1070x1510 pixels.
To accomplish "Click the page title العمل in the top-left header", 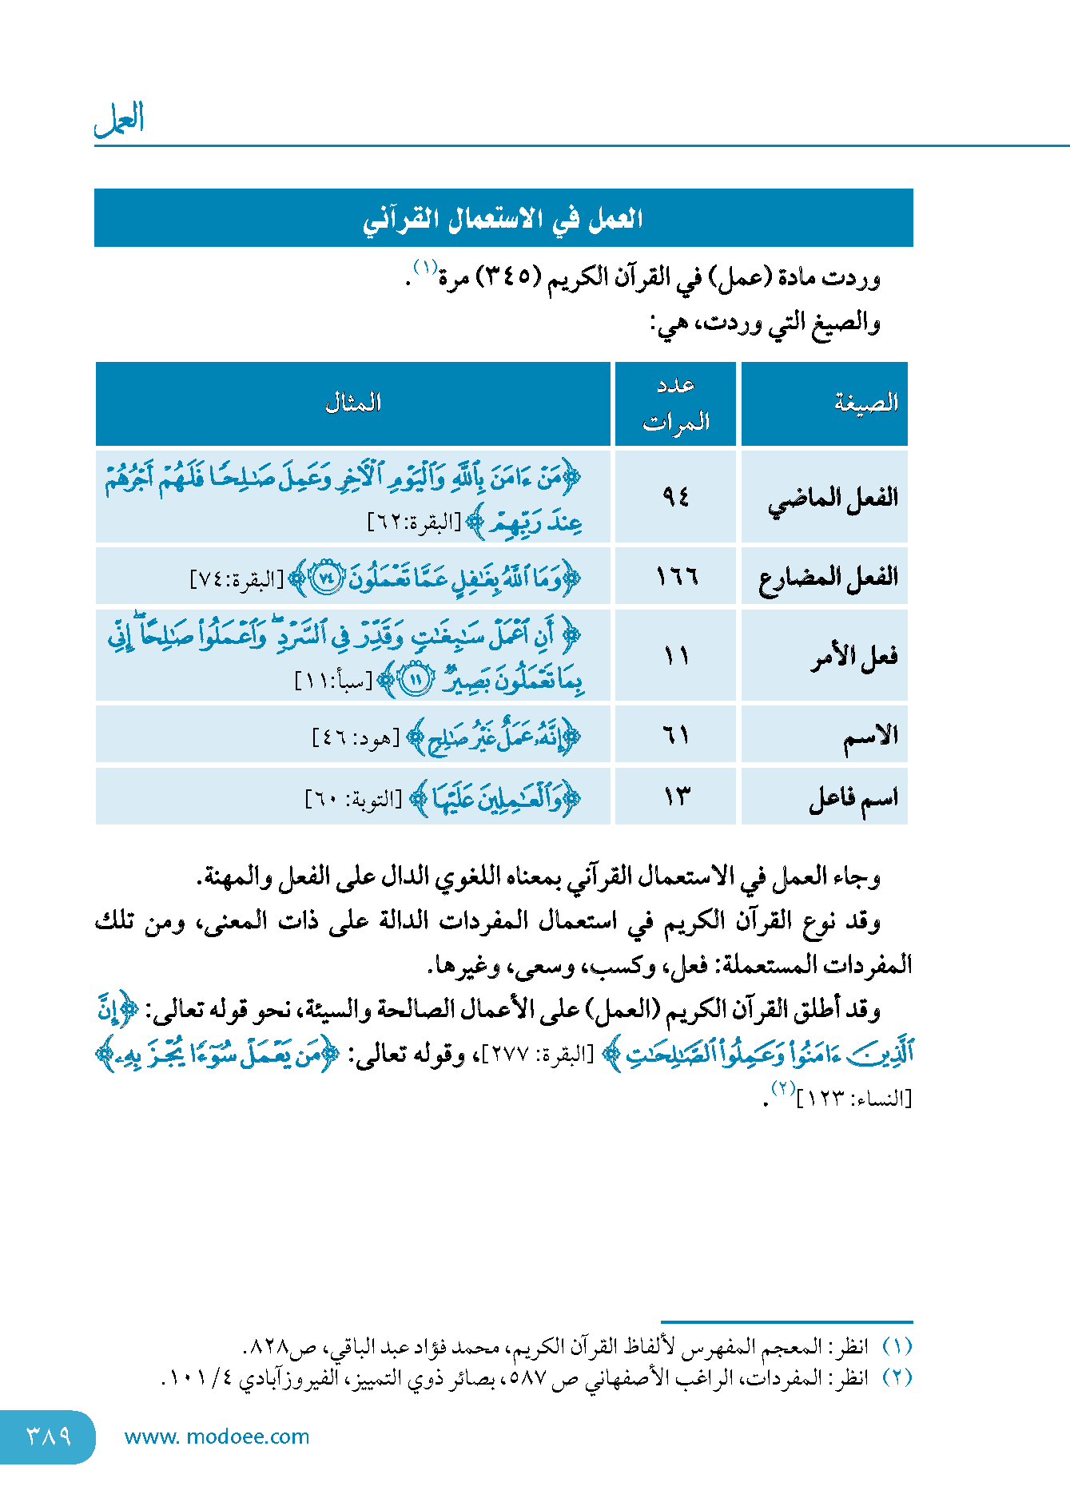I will pos(119,119).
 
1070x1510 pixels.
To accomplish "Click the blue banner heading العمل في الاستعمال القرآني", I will pos(503,218).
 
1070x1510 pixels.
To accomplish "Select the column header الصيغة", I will pos(866,403).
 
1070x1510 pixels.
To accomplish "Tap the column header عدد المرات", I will pos(676,403).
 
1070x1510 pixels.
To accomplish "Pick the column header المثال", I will pos(353,403).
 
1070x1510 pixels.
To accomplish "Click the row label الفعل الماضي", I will pos(833,499).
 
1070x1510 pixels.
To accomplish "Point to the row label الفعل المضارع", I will pos(828,576).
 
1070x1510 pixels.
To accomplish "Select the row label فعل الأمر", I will pos(854,657).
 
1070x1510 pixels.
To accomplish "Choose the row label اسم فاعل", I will pos(853,797).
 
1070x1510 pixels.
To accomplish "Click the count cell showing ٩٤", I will pos(675,497).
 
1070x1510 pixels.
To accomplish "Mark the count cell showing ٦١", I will pos(676,734).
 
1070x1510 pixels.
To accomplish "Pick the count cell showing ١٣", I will pos(676,797).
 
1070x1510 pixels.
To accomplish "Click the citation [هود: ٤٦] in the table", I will pos(356,737).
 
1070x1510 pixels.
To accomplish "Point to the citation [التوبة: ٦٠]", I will pos(353,799).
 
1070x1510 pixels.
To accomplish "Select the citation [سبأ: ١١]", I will pos(334,681).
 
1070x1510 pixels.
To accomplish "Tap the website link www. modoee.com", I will pos(217,1436).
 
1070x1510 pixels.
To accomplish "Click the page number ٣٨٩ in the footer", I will pos(49,1436).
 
